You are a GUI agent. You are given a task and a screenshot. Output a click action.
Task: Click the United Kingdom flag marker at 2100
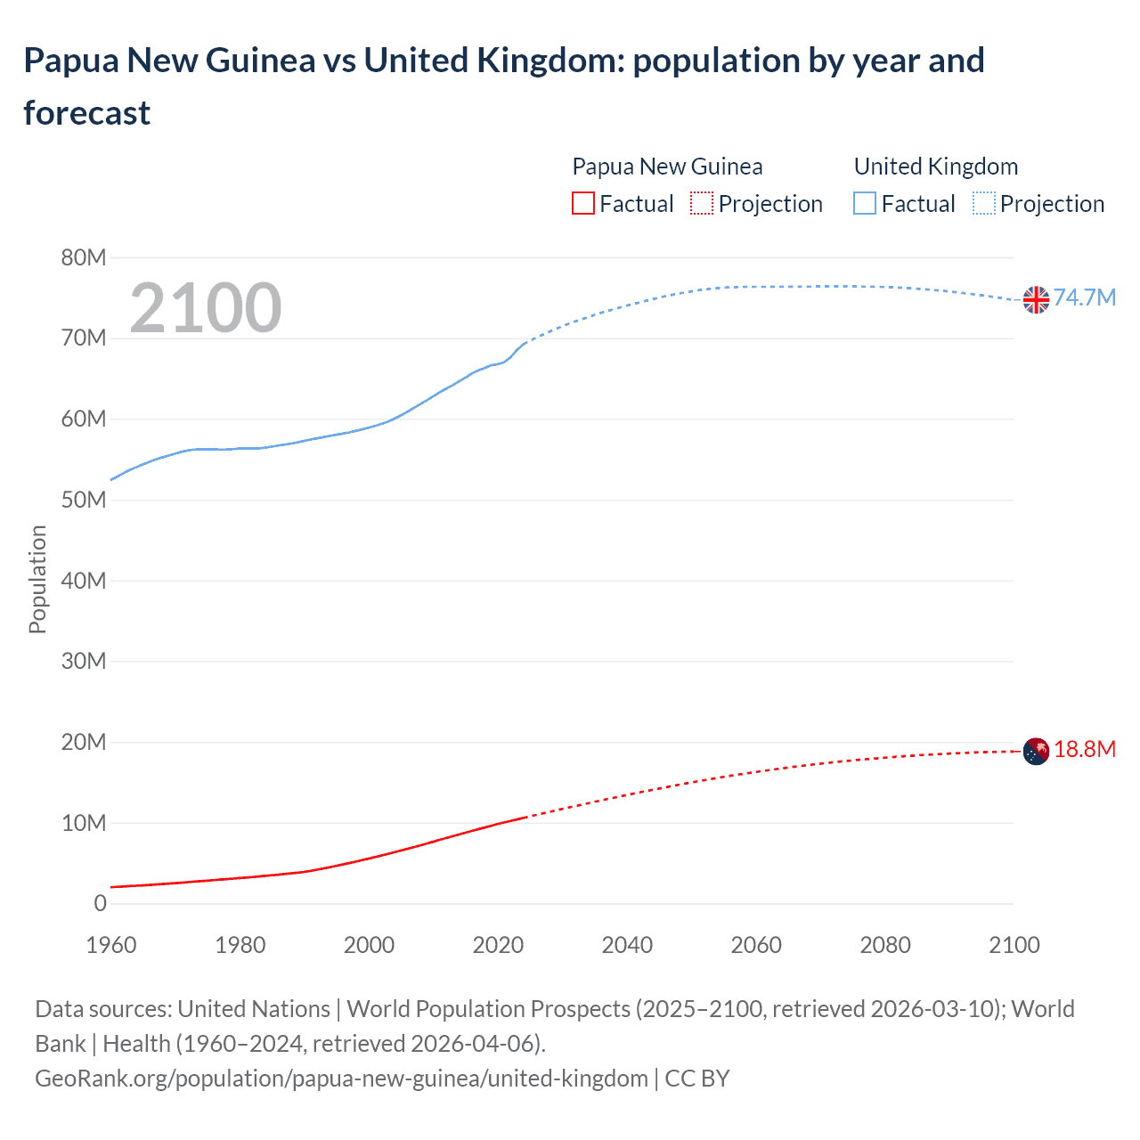coord(1036,300)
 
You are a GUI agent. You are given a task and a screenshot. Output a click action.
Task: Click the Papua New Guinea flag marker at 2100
coord(1036,752)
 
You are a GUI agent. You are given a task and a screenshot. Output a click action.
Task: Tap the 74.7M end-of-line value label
coord(1084,297)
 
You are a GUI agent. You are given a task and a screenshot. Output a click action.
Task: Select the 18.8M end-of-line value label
coord(1084,749)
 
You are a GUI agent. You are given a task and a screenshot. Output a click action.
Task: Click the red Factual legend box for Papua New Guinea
coord(582,204)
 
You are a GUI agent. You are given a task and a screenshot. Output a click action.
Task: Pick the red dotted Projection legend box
coord(702,204)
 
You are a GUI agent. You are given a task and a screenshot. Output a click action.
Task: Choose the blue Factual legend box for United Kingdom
coord(864,204)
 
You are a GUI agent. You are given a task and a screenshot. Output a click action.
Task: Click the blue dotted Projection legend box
coord(984,204)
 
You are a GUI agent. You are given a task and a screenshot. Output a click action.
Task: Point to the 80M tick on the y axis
coord(84,257)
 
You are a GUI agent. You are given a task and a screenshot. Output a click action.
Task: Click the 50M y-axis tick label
coord(84,500)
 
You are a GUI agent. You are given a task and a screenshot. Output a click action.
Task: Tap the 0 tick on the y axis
coord(100,903)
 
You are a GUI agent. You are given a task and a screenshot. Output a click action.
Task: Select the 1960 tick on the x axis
coord(111,945)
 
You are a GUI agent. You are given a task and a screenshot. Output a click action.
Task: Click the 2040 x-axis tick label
coord(627,945)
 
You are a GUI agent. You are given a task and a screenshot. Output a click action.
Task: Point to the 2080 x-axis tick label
coord(885,945)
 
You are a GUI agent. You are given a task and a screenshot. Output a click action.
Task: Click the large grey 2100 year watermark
coord(206,308)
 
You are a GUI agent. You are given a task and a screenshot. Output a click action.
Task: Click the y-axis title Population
coord(37,579)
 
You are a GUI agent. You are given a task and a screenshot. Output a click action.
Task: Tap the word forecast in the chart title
coord(87,113)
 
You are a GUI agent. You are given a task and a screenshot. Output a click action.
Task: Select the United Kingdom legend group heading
coord(935,167)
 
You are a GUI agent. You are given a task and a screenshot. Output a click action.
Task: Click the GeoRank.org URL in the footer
coord(341,1079)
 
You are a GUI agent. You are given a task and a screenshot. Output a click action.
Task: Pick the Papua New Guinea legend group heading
coord(667,167)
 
